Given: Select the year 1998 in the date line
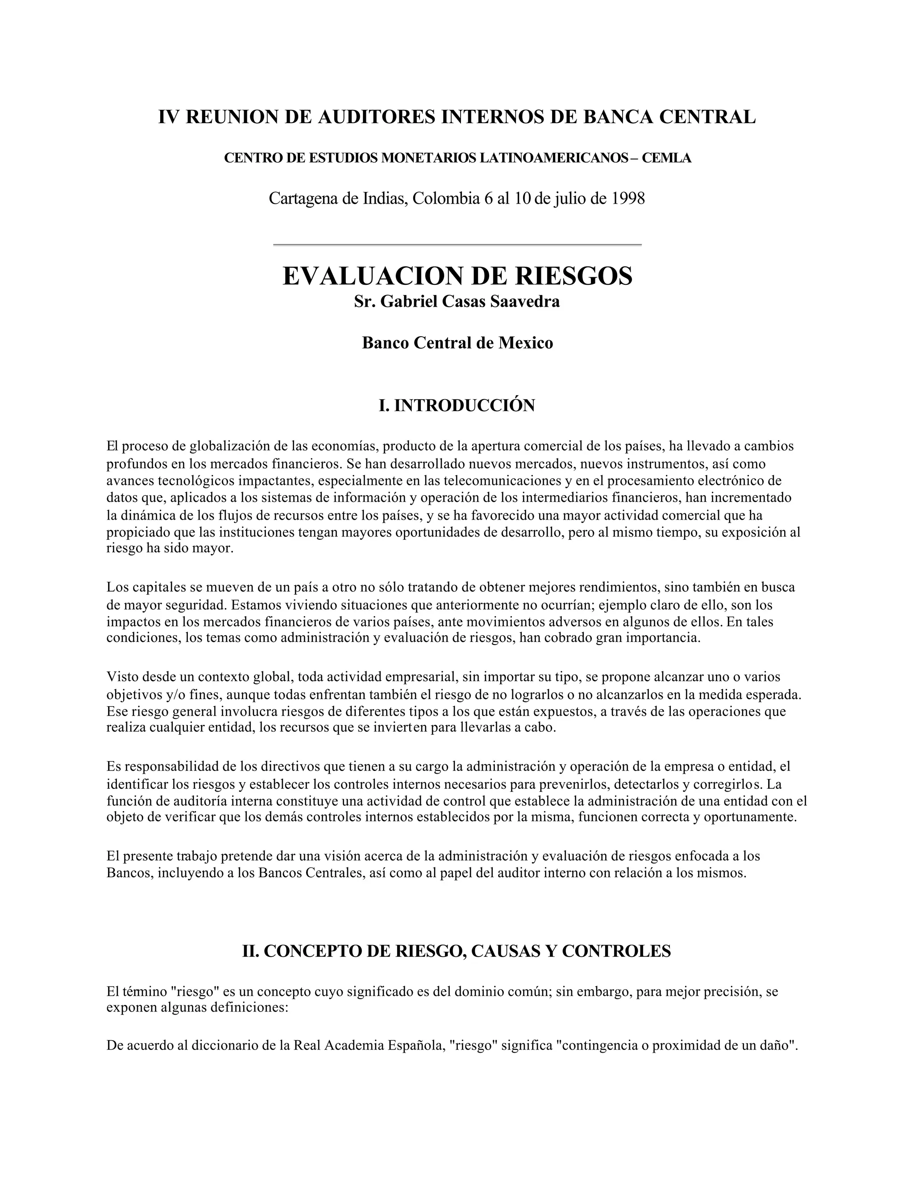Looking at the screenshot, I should (x=628, y=199).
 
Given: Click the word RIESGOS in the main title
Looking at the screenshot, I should (x=573, y=276).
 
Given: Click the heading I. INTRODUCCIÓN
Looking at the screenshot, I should (x=457, y=405).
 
